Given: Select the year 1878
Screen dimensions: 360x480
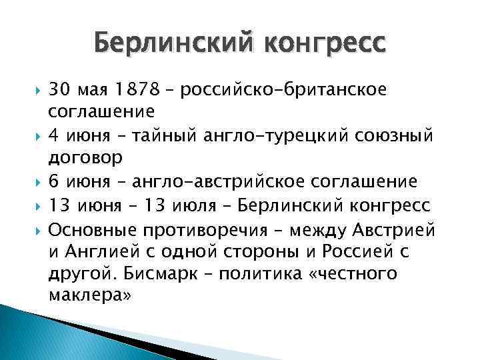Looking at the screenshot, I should point(137,90).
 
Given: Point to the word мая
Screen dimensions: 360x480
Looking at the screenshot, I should point(94,90).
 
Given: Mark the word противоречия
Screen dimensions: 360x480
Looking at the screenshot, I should point(203,230).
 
